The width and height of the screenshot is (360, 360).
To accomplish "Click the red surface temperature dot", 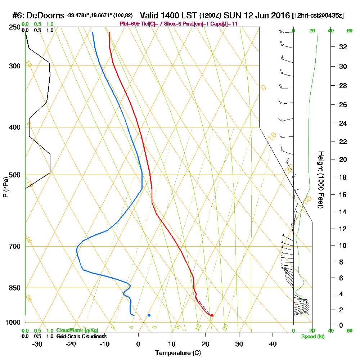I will (212, 315).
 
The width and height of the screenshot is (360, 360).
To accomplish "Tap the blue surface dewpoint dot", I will (149, 315).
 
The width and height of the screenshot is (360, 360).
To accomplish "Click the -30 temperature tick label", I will (37, 344).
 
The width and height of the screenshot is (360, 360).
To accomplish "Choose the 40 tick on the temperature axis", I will (273, 344).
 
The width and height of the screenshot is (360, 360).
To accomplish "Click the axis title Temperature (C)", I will (178, 353).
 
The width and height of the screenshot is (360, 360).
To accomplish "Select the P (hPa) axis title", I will (5, 187).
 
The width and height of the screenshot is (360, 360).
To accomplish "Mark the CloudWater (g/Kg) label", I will (77, 330).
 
